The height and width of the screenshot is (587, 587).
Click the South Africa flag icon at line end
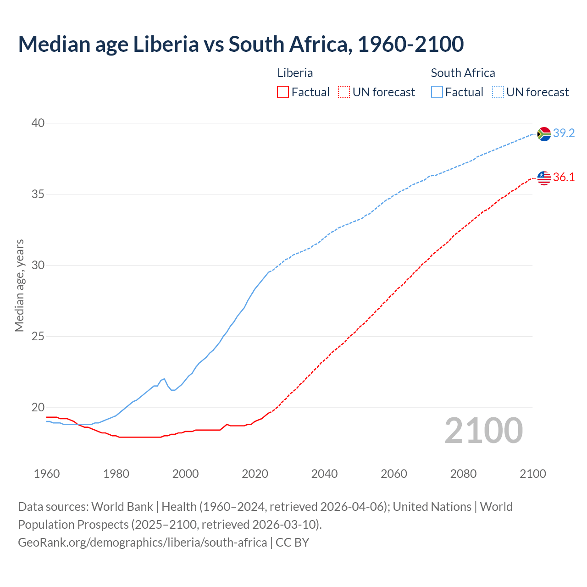click(544, 134)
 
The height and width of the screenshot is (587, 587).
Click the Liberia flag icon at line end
click(544, 178)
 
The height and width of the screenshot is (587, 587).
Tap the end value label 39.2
click(564, 133)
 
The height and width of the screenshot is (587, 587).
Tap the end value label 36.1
click(564, 177)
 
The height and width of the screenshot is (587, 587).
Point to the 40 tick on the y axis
click(38, 123)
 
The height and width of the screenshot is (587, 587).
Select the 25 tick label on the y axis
click(38, 337)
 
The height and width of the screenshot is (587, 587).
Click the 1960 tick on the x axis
click(47, 474)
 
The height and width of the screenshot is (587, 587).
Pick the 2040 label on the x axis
click(324, 474)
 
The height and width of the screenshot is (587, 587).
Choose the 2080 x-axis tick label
click(463, 474)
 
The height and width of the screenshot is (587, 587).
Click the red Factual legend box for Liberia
click(283, 92)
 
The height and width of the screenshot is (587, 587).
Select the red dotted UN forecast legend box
click(344, 92)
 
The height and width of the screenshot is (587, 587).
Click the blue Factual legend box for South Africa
click(437, 92)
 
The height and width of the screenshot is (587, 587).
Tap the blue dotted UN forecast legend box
click(498, 92)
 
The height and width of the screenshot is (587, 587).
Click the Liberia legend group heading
click(295, 73)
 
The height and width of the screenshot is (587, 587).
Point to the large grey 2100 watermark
click(483, 431)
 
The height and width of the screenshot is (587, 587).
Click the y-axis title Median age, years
click(19, 285)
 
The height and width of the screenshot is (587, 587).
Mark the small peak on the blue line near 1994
click(164, 379)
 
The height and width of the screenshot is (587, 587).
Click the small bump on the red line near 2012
click(227, 424)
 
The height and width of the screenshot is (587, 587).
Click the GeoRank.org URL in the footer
click(142, 543)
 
